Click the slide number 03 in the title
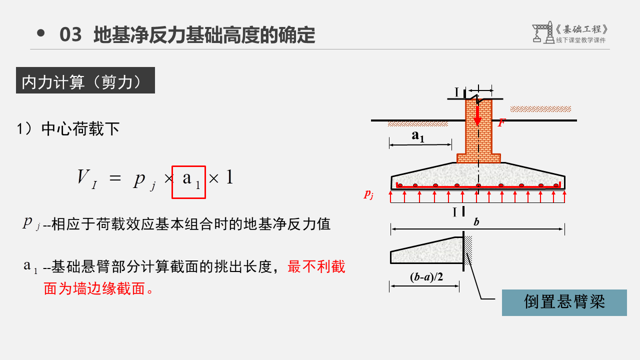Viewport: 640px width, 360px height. coord(70,35)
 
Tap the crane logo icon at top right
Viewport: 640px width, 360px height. coord(541,33)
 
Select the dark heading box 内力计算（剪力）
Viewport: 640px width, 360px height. coord(85,80)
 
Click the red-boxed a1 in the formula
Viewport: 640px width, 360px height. coord(189,182)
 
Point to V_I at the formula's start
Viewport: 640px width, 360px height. coord(86,178)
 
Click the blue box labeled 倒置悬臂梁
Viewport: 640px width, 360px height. coord(564,302)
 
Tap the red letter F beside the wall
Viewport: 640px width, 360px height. coord(500,123)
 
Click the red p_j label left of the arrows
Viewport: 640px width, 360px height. coord(368,194)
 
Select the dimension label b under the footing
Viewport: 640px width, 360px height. coord(476,221)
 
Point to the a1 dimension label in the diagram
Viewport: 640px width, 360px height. coord(418,136)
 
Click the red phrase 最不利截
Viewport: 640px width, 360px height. coord(316,266)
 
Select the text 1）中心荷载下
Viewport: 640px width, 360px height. coord(68,129)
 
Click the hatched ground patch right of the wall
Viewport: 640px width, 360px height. coord(540,108)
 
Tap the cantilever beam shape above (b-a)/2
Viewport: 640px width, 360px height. coord(425,251)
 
